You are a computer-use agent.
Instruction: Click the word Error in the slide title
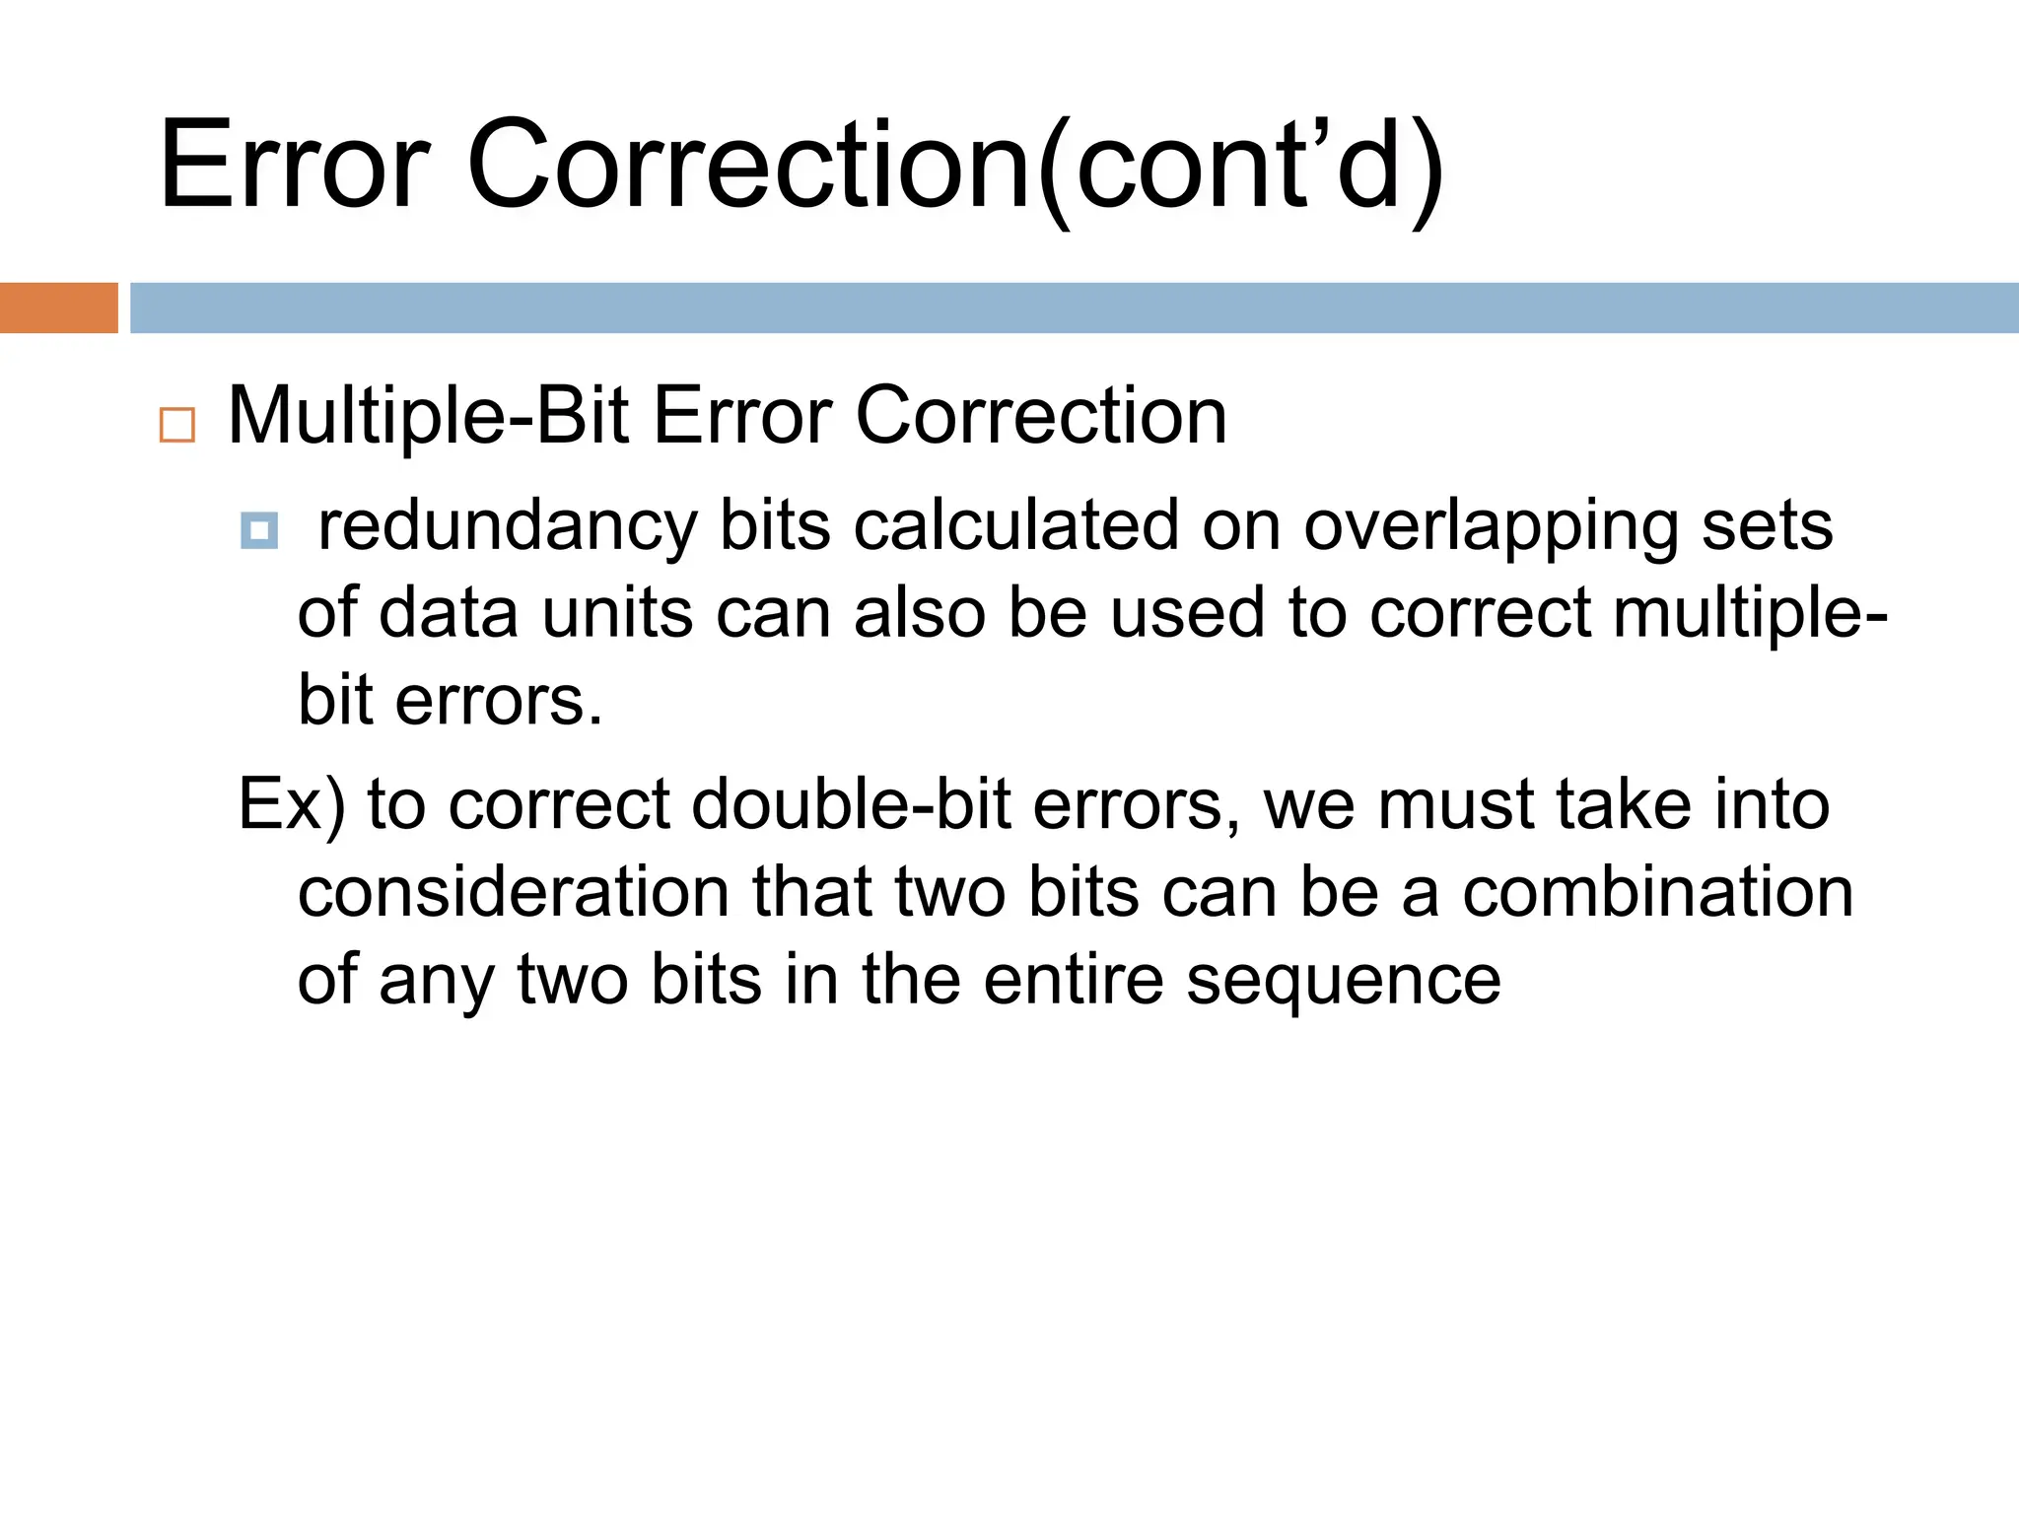294,165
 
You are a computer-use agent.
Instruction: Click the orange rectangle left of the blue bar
58,308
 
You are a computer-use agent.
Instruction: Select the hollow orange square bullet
177,425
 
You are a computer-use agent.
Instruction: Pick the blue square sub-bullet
259,530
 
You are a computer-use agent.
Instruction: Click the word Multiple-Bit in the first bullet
428,417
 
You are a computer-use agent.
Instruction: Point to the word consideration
514,892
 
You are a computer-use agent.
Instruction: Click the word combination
1657,892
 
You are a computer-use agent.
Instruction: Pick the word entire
1074,980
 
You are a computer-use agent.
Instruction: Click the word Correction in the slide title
749,165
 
